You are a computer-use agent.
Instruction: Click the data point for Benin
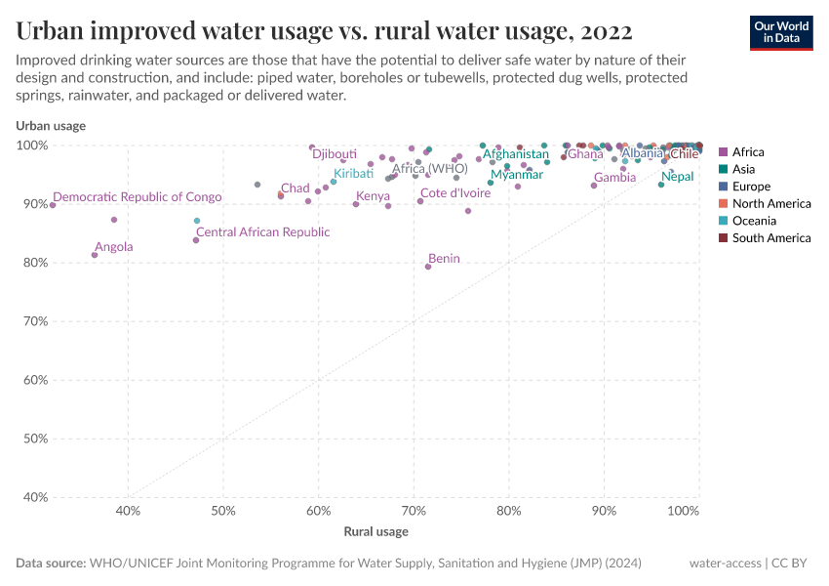point(428,267)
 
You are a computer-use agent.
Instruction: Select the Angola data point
point(95,255)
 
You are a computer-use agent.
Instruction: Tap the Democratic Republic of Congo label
point(138,197)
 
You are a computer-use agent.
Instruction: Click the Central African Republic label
point(263,232)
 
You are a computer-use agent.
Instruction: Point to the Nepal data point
point(661,185)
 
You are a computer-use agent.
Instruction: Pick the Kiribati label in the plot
point(353,173)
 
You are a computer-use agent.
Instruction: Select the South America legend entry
point(771,238)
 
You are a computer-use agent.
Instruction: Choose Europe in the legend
point(751,187)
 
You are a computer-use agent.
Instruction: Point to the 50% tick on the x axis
point(223,511)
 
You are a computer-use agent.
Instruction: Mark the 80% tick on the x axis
point(508,511)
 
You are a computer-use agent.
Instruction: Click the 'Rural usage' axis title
point(375,532)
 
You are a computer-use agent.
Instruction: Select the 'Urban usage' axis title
point(51,125)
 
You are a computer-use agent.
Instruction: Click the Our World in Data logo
point(781,32)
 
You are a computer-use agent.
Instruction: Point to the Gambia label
point(614,178)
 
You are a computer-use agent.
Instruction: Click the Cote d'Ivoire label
point(455,193)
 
